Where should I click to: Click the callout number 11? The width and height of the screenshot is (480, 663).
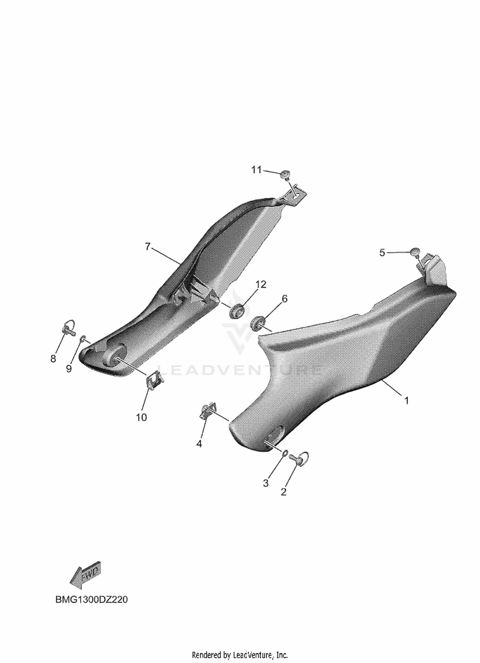pyautogui.click(x=256, y=170)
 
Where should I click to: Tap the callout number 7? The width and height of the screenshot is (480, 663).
pyautogui.click(x=147, y=247)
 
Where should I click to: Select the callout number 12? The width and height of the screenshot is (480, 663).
pyautogui.click(x=261, y=284)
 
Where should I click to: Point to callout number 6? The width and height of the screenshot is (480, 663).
pyautogui.click(x=284, y=299)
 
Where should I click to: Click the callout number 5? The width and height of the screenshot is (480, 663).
pyautogui.click(x=382, y=253)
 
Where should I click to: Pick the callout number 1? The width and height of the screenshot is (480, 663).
pyautogui.click(x=407, y=400)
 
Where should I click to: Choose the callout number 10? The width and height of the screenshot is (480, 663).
pyautogui.click(x=141, y=417)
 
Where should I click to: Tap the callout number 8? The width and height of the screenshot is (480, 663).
pyautogui.click(x=53, y=359)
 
